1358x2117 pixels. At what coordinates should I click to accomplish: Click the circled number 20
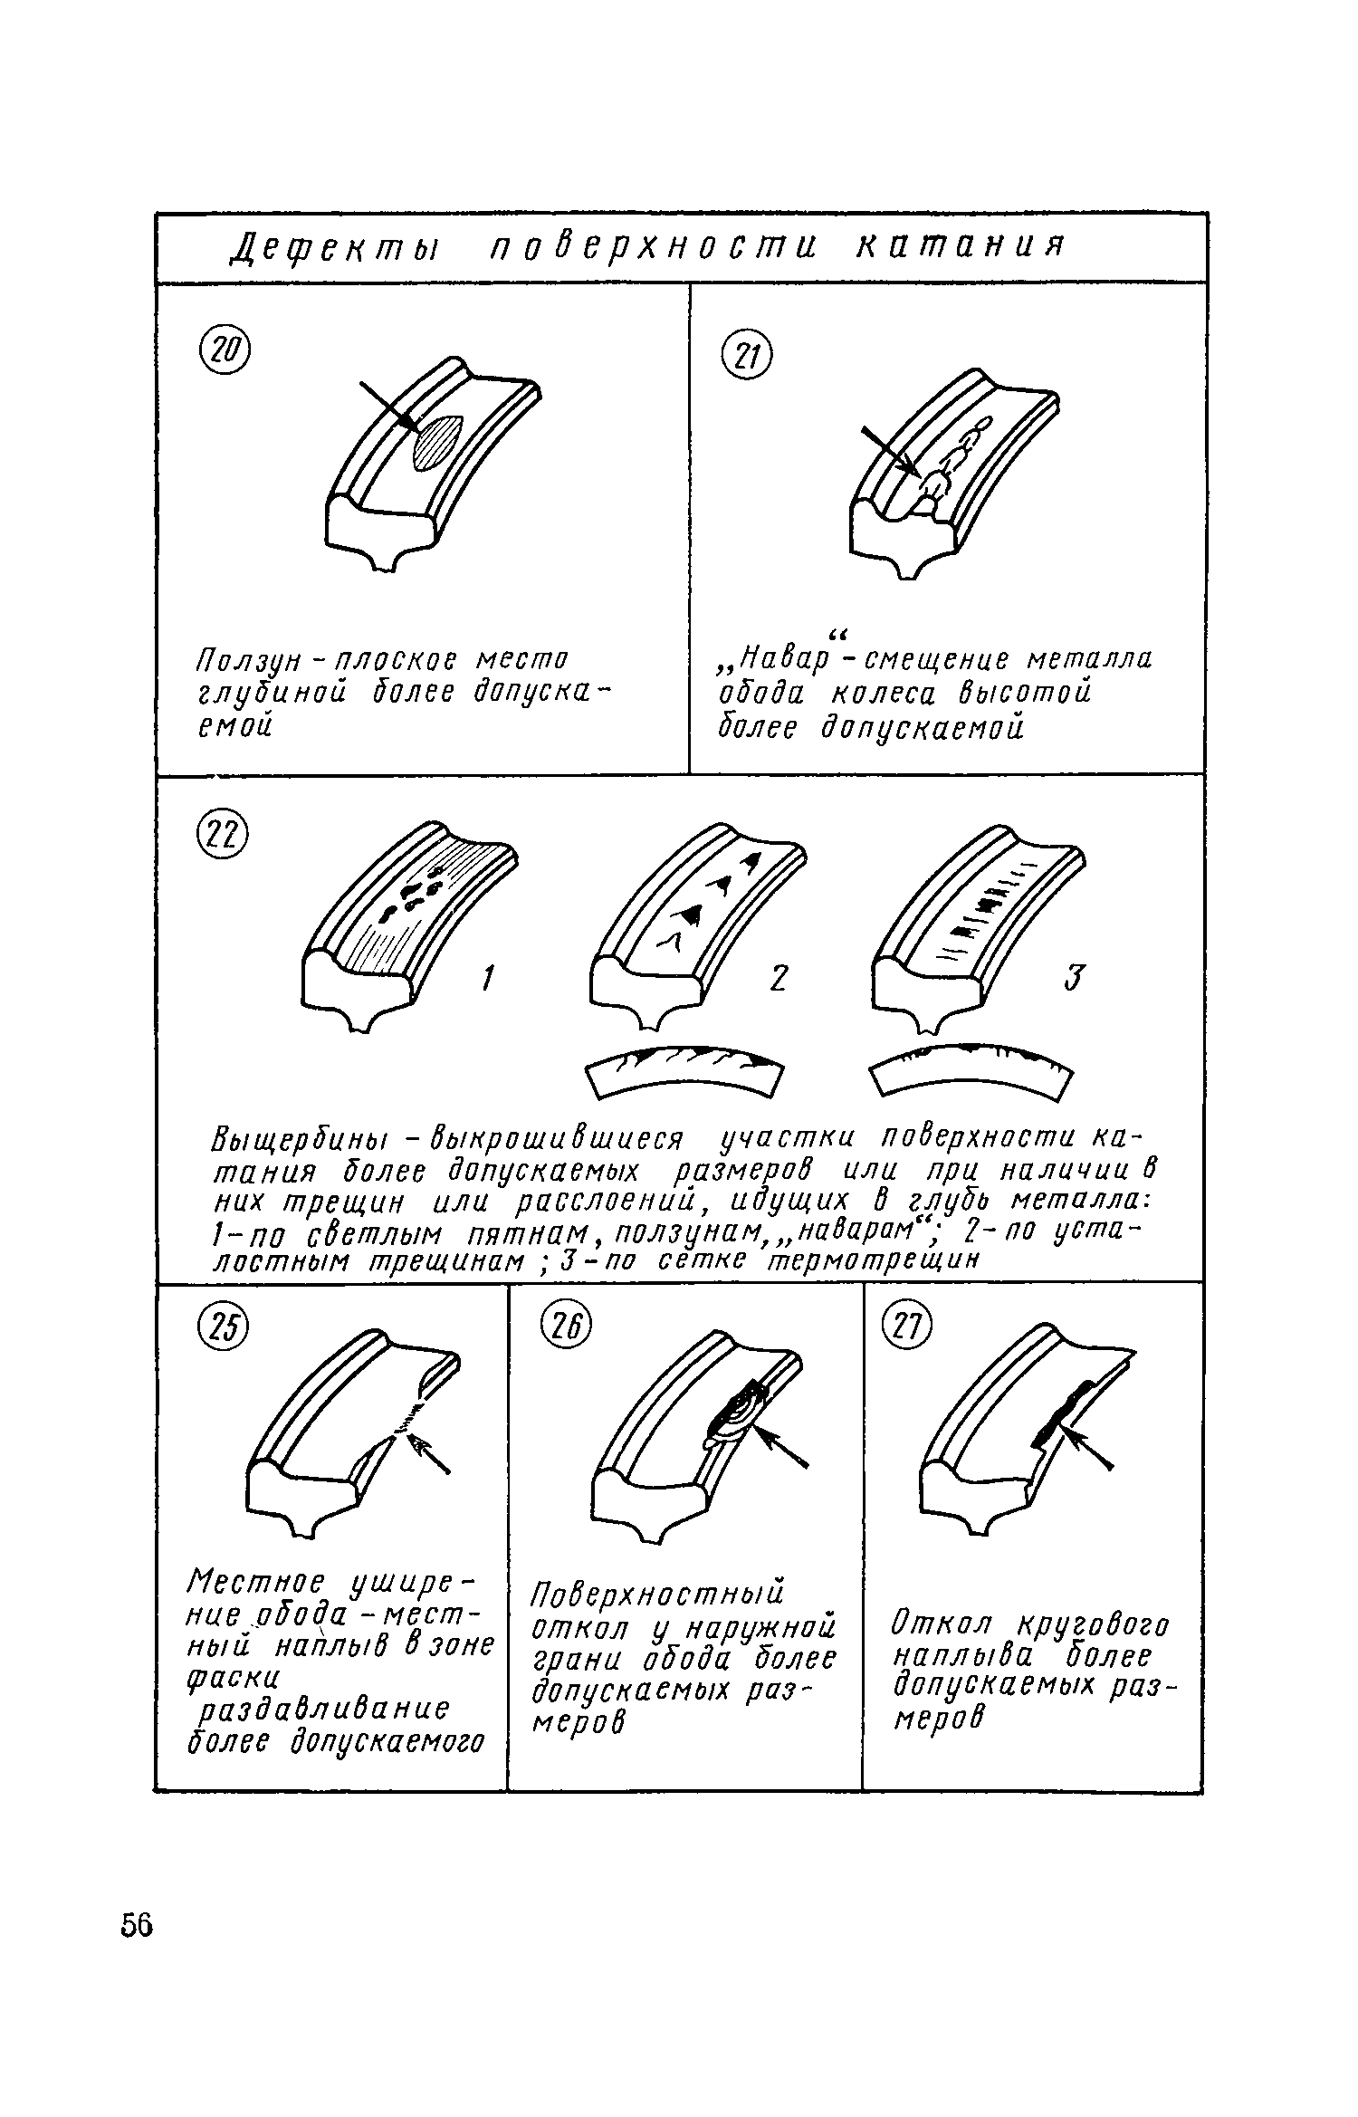223,351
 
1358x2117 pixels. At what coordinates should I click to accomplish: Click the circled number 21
748,358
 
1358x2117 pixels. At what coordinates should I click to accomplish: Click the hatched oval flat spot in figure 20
438,442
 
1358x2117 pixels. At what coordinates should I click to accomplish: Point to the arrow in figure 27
1088,1447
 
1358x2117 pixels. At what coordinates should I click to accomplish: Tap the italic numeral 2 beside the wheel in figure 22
778,978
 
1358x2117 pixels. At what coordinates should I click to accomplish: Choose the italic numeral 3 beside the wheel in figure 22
1073,978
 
